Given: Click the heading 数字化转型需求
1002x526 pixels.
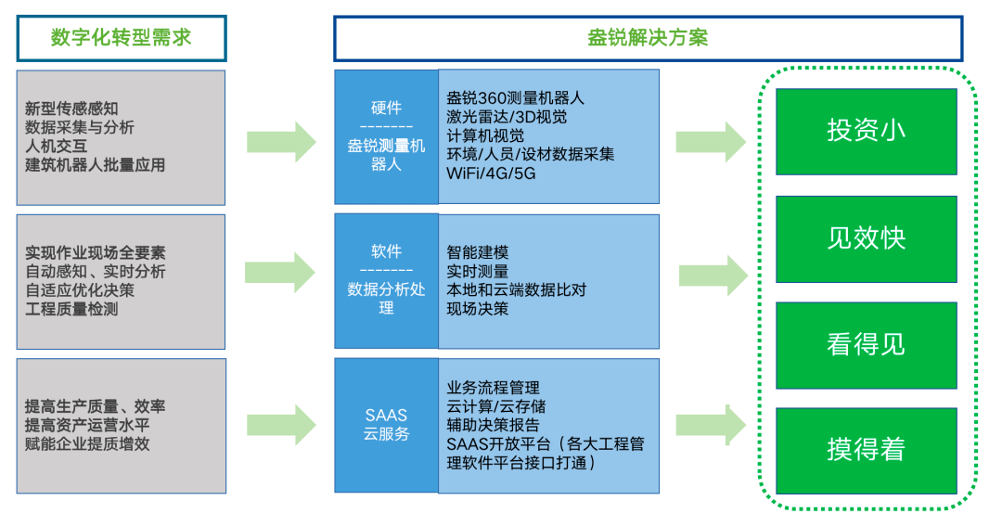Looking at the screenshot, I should pos(121,38).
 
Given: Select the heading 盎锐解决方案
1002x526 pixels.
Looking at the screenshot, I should pos(648,38).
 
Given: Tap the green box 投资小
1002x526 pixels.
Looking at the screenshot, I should pos(866,131).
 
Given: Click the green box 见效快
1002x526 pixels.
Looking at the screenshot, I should pos(866,238).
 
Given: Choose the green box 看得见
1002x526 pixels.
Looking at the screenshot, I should pos(866,344).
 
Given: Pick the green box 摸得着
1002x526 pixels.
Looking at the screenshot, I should pos(866,450).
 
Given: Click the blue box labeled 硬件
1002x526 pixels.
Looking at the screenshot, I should pos(386,136).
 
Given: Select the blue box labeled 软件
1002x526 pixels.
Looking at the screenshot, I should pos(386,279).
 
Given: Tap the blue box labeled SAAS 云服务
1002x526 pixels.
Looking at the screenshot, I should pos(386,425).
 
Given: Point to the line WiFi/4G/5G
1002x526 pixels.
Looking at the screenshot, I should pos(491,173).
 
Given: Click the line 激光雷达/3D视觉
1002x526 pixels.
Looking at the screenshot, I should pos(507,117).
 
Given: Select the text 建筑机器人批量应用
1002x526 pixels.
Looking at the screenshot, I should pos(95,165).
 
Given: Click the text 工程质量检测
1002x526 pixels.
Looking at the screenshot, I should pos(71,309).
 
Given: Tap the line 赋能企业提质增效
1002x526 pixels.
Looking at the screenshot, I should pos(87,443).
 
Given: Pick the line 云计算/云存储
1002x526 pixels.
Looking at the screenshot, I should pos(495,406).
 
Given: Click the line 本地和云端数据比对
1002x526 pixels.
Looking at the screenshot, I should pos(516,290).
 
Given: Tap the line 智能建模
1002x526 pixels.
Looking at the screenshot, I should pos(477,252).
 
